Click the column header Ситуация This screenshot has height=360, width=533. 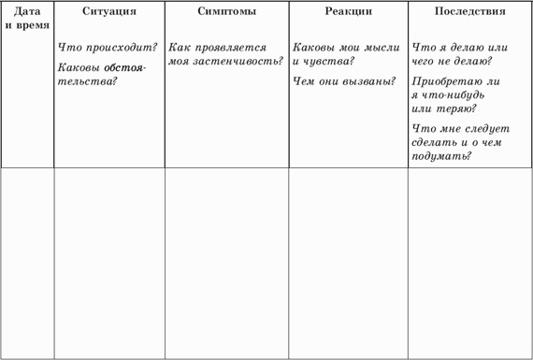pyautogui.click(x=108, y=13)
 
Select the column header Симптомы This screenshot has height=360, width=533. pyautogui.click(x=226, y=13)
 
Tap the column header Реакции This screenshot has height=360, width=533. pyautogui.click(x=348, y=13)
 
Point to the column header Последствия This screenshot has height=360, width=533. pyautogui.click(x=470, y=13)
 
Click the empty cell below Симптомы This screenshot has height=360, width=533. pyautogui.click(x=226, y=262)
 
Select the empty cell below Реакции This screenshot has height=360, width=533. pyautogui.click(x=348, y=262)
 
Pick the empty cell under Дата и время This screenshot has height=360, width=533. pyautogui.click(x=27, y=262)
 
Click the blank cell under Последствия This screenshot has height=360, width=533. pyautogui.click(x=469, y=262)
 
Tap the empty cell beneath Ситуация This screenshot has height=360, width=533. pyautogui.click(x=108, y=262)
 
